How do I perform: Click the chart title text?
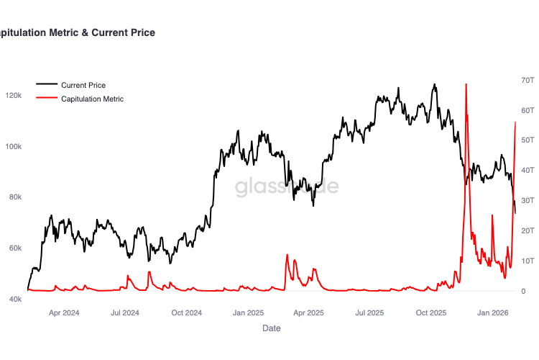(x=77, y=32)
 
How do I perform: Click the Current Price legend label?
(x=83, y=85)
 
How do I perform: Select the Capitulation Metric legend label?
(x=92, y=99)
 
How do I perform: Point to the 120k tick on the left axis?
(x=14, y=96)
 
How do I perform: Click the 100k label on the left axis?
(x=14, y=147)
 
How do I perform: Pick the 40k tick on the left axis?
(x=15, y=299)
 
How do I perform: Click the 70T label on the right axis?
(x=527, y=79)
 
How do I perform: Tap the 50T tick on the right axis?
(x=527, y=140)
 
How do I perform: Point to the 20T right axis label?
(x=527, y=230)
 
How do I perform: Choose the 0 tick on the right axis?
(x=524, y=291)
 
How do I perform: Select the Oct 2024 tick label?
(x=187, y=312)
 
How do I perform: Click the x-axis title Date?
(x=272, y=328)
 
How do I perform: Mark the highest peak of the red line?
(x=466, y=84)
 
